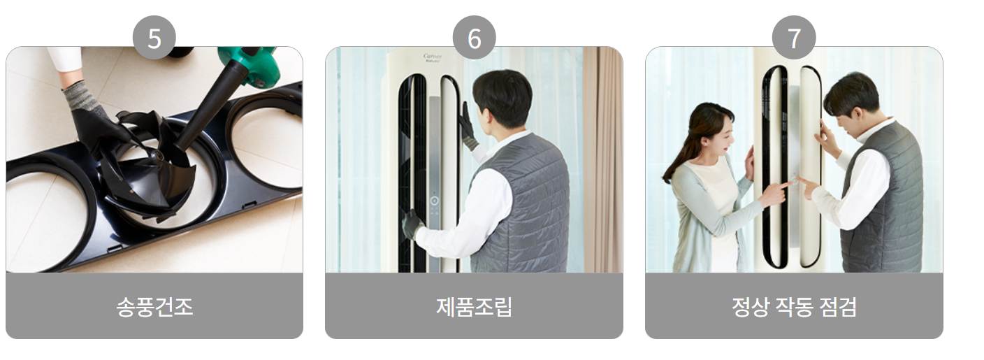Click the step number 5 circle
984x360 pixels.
point(154,38)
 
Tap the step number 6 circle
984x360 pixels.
point(474,38)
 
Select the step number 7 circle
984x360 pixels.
point(794,38)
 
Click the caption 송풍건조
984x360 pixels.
point(154,306)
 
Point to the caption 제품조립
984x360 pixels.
point(474,306)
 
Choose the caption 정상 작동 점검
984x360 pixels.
point(794,306)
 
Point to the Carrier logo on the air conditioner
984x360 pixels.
point(434,56)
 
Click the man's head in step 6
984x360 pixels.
point(502,98)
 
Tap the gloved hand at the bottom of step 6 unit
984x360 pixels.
point(412,224)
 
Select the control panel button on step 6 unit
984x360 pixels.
point(434,201)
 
